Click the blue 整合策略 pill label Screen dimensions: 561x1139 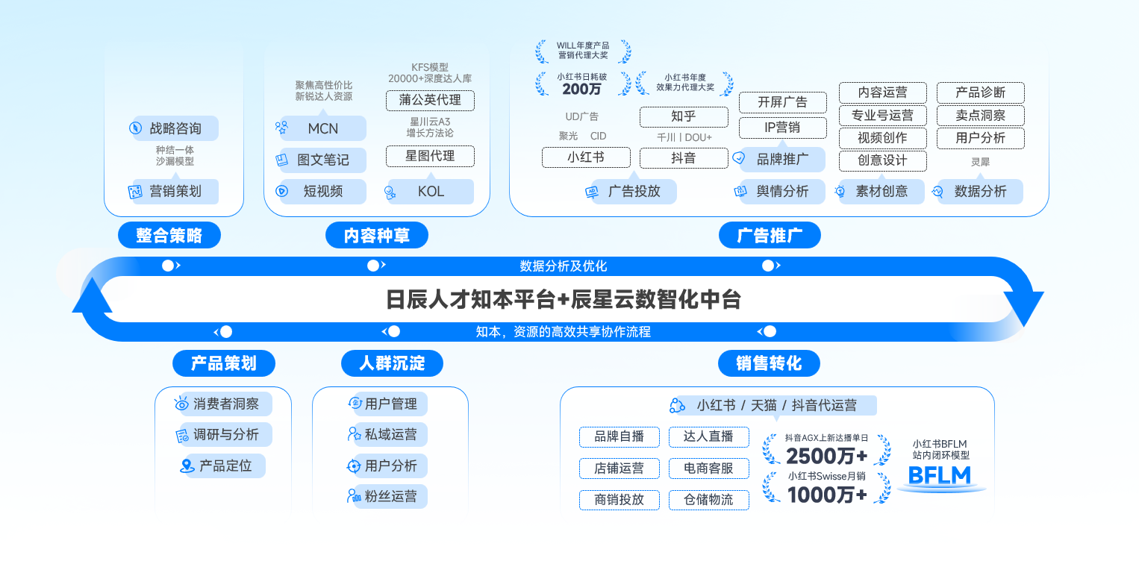pos(169,236)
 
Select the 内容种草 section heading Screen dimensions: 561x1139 pos(377,236)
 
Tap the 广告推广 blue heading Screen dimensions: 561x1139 pos(770,236)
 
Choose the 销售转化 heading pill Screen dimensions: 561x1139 pos(769,363)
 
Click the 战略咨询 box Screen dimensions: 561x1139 pos(175,128)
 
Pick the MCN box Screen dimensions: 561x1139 pos(322,128)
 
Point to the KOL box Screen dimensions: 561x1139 pos(431,191)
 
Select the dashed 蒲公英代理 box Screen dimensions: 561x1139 pos(430,100)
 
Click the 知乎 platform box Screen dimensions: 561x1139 pos(683,116)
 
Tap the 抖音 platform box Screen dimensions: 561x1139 pos(683,157)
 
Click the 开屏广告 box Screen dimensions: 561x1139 pos(782,102)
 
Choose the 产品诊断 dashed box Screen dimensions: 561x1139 pos(980,93)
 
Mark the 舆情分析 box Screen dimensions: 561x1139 pos(782,191)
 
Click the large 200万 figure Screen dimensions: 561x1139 pos(582,90)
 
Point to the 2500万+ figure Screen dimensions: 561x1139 pos(826,456)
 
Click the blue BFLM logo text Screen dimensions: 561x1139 pos(940,475)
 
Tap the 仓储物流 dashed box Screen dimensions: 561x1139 pos(708,500)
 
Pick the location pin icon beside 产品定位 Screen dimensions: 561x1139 pos(187,466)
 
